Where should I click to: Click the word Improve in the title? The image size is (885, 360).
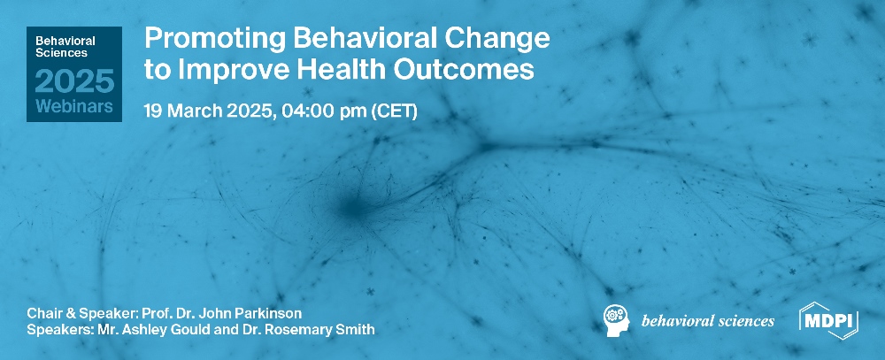coord(223,71)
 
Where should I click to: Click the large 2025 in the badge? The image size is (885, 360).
coord(74,82)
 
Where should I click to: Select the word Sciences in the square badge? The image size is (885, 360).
coord(60,53)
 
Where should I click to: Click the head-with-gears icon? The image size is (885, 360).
coord(617,319)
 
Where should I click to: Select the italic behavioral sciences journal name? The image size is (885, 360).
coord(707,320)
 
